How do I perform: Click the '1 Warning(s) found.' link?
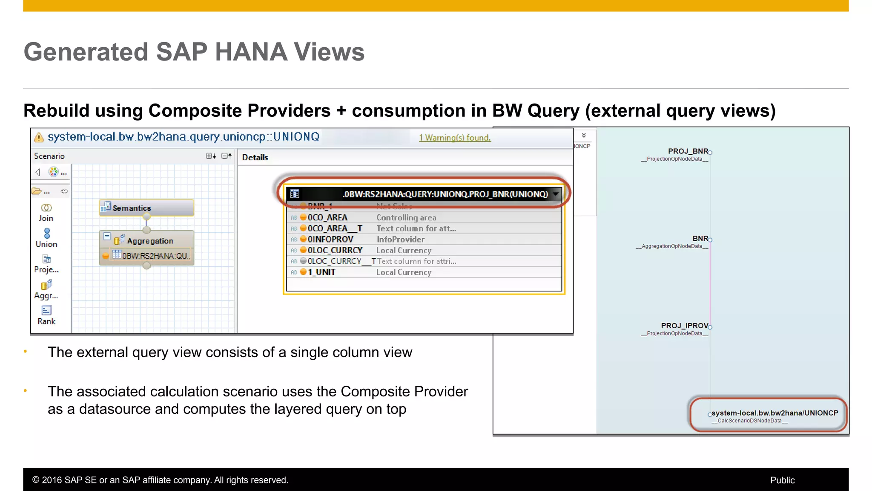click(x=455, y=138)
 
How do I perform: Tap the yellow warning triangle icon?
click(x=39, y=137)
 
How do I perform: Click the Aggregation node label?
click(x=150, y=241)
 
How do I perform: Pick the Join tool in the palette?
click(x=46, y=212)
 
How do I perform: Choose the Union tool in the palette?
click(x=46, y=238)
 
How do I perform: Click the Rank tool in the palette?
click(x=46, y=315)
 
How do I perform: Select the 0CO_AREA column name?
click(x=327, y=217)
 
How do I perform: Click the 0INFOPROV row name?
click(x=330, y=240)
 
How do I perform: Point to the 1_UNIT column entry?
click(x=321, y=272)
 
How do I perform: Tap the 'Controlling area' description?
click(x=406, y=217)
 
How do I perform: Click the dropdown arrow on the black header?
click(x=556, y=194)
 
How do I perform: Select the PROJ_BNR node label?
click(x=688, y=151)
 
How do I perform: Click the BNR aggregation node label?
click(x=700, y=239)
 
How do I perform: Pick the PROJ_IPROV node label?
click(x=684, y=326)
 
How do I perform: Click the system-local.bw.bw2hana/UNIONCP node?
click(x=774, y=413)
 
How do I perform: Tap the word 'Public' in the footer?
click(x=782, y=480)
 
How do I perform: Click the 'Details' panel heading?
click(x=255, y=157)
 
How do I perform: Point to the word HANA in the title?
click(x=251, y=52)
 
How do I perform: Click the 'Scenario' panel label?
click(x=49, y=156)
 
